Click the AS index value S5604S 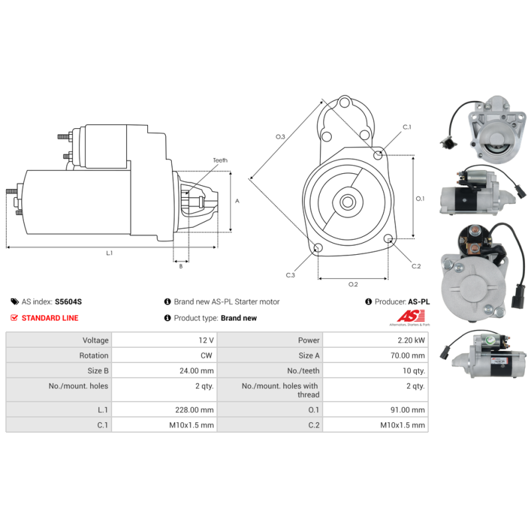68,301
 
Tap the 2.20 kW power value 411,340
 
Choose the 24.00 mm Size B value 196,370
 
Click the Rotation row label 94,355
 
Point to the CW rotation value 206,355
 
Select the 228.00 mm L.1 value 194,410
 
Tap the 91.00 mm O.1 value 408,410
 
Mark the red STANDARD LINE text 50,318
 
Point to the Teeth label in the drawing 220,160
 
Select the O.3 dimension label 280,137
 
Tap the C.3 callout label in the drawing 290,275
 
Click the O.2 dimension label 353,284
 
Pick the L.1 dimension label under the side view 109,253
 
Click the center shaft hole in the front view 347,202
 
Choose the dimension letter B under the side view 181,266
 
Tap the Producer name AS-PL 419,301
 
